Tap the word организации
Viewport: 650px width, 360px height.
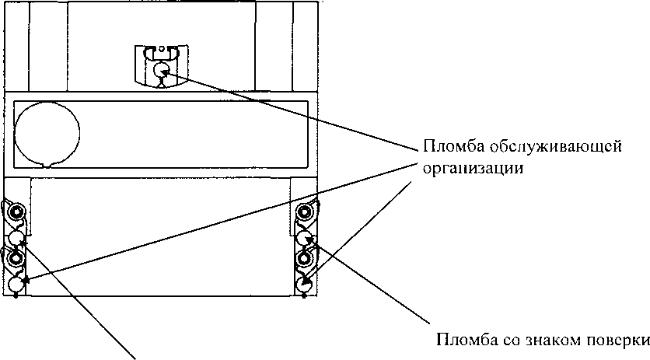tap(473, 170)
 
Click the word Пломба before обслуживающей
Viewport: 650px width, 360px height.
tap(454, 147)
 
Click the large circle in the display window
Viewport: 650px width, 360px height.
tap(47, 134)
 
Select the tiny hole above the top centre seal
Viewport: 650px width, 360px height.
tap(162, 48)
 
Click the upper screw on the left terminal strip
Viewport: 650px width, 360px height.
tap(16, 214)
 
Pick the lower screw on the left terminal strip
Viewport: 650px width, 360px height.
tap(16, 260)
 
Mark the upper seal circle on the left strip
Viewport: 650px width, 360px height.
tap(16, 239)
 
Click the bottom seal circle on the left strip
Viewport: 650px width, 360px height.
tap(16, 285)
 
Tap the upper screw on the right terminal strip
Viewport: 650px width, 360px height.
tap(304, 213)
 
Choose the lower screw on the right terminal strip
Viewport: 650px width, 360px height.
tap(304, 260)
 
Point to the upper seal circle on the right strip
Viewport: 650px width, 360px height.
tap(304, 239)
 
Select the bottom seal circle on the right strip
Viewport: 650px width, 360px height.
tap(304, 285)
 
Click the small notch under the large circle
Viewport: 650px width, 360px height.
tap(48, 165)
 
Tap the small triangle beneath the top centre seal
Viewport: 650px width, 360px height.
tap(161, 84)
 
